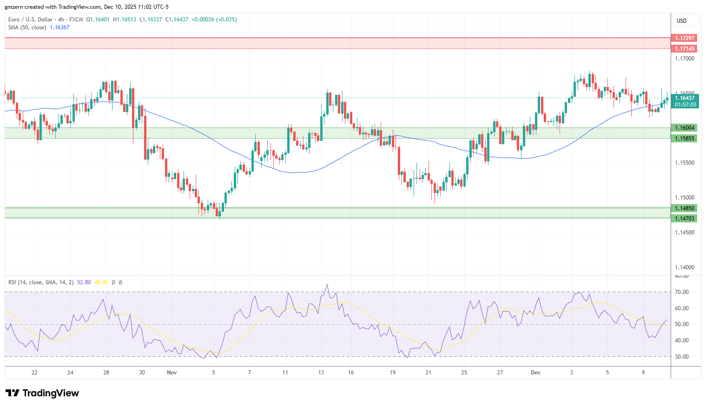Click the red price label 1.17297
coord(684,38)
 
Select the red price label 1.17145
coord(684,48)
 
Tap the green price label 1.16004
coord(684,128)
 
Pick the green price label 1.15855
coord(684,139)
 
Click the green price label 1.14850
coord(684,208)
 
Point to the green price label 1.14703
coord(684,218)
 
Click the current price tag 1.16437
coord(685,98)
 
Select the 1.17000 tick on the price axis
coord(685,58)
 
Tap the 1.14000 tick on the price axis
coord(685,267)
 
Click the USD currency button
coord(681,21)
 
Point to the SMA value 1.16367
coord(59,27)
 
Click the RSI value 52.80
coord(84,282)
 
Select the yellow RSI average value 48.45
coord(101,282)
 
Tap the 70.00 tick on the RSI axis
coord(681,292)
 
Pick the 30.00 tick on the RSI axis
coord(681,357)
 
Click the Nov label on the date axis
coord(172,373)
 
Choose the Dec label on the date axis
coord(536,373)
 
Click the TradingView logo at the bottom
coord(42,393)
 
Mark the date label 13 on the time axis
coord(321,373)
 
